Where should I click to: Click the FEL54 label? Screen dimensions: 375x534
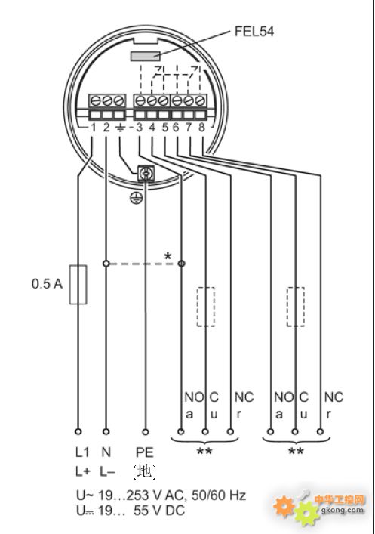(254, 32)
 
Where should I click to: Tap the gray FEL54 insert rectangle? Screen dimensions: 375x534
(146, 56)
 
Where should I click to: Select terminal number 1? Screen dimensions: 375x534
(93, 128)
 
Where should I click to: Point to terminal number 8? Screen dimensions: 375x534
(201, 128)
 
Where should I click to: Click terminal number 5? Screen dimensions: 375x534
(165, 128)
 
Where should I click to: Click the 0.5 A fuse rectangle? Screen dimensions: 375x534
(78, 284)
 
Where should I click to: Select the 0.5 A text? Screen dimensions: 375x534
(47, 284)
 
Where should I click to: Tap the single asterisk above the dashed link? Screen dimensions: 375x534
(168, 256)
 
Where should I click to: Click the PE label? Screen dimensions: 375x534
(145, 452)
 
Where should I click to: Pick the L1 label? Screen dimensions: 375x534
(82, 452)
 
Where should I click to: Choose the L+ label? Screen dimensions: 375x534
(83, 471)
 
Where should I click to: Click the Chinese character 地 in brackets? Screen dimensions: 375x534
(145, 471)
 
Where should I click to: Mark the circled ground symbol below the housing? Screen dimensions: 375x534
(135, 198)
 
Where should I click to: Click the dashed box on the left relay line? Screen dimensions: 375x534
(205, 307)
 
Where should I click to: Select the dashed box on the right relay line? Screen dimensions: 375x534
(295, 307)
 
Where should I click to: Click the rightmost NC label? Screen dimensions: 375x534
(334, 397)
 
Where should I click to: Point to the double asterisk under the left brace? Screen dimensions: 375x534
(204, 452)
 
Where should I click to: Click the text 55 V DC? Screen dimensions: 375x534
(159, 510)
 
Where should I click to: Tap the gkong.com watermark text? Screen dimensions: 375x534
(342, 510)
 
